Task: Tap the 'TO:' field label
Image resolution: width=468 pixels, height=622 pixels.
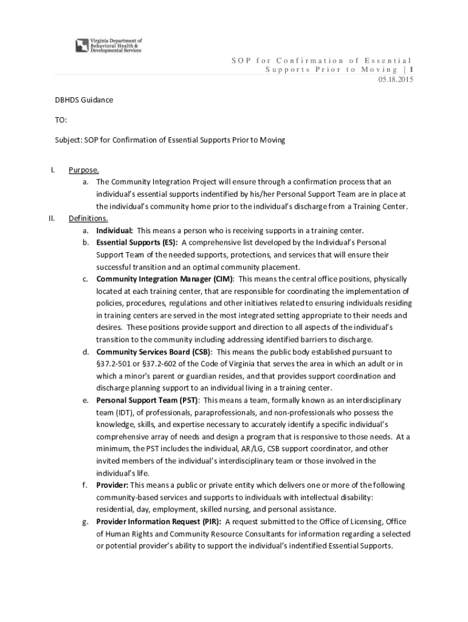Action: click(61, 120)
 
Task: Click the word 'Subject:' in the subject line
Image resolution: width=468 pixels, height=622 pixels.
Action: click(69, 140)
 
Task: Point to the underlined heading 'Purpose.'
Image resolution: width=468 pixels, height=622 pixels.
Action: click(84, 169)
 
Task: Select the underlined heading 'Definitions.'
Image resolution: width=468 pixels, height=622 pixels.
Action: click(88, 218)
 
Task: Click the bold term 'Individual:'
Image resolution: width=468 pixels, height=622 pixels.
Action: click(115, 230)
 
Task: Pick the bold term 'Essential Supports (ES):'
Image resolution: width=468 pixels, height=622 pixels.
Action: click(137, 242)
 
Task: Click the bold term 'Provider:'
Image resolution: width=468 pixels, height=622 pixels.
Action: click(112, 485)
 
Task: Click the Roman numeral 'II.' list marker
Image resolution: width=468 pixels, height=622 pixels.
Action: click(52, 218)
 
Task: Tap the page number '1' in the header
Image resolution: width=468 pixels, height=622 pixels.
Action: click(411, 70)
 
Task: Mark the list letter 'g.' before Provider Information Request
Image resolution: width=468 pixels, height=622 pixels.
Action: click(86, 522)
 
